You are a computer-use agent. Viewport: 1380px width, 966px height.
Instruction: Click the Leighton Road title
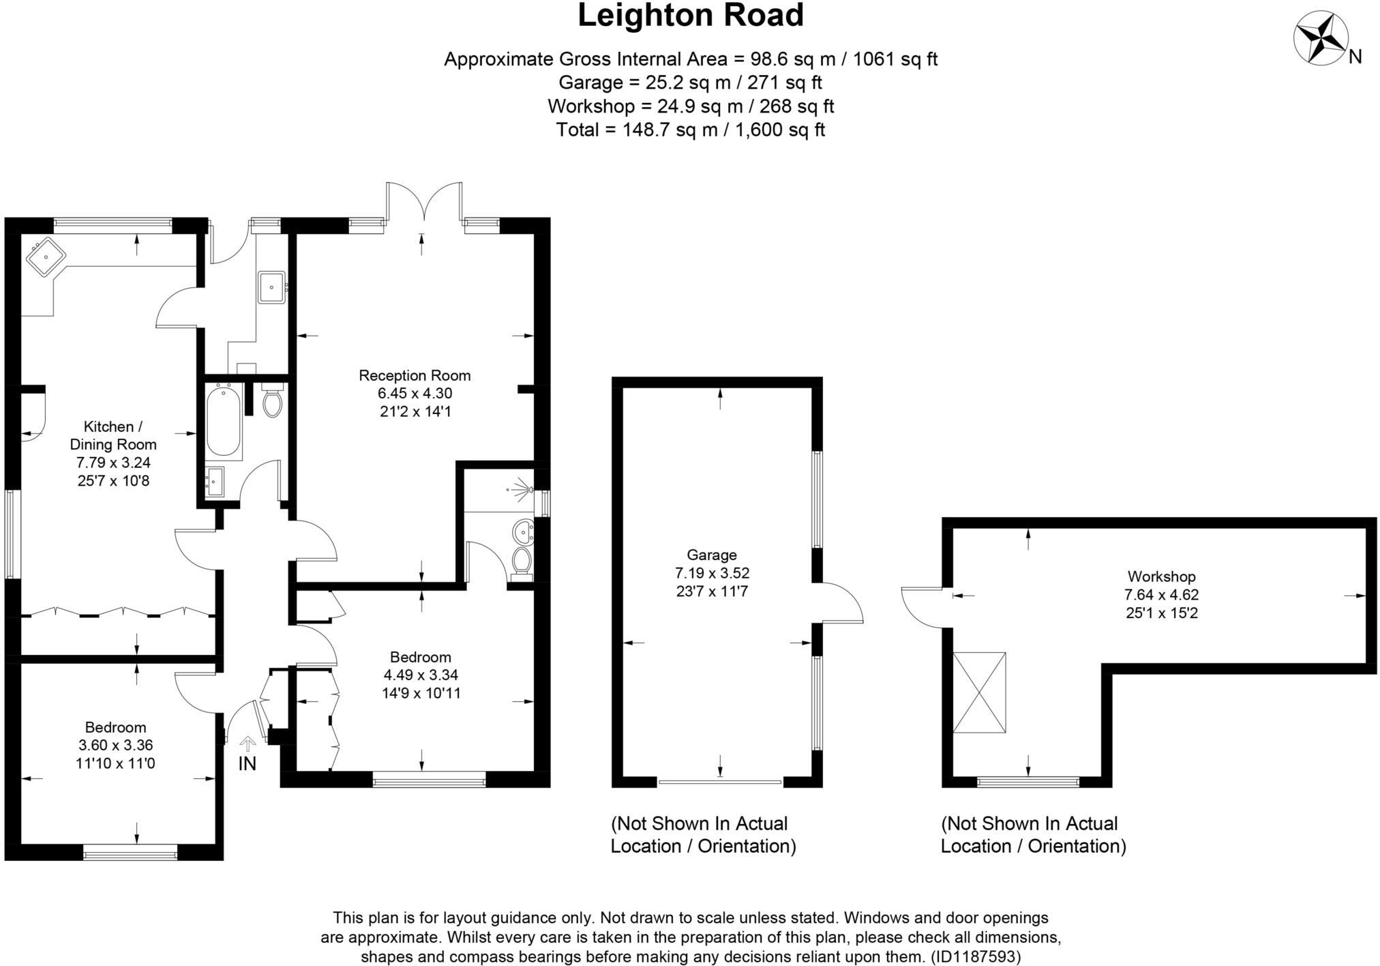(x=691, y=16)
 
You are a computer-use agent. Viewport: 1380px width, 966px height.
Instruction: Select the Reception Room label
(x=415, y=375)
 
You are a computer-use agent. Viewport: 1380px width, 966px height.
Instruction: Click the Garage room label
(x=712, y=555)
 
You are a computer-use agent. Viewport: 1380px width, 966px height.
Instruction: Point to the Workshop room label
(x=1161, y=576)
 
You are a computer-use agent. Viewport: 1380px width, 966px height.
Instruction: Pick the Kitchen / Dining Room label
(x=112, y=435)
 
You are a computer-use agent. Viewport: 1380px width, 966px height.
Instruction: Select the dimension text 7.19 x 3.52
(x=712, y=573)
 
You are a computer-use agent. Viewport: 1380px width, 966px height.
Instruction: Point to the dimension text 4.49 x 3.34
(x=421, y=675)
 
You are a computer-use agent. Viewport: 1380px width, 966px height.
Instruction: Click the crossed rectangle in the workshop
(x=979, y=692)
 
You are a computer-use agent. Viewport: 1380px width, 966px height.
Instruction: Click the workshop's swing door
(x=920, y=607)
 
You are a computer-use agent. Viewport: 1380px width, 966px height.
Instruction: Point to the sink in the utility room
(x=273, y=287)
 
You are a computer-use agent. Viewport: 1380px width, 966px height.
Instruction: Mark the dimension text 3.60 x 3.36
(x=115, y=745)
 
